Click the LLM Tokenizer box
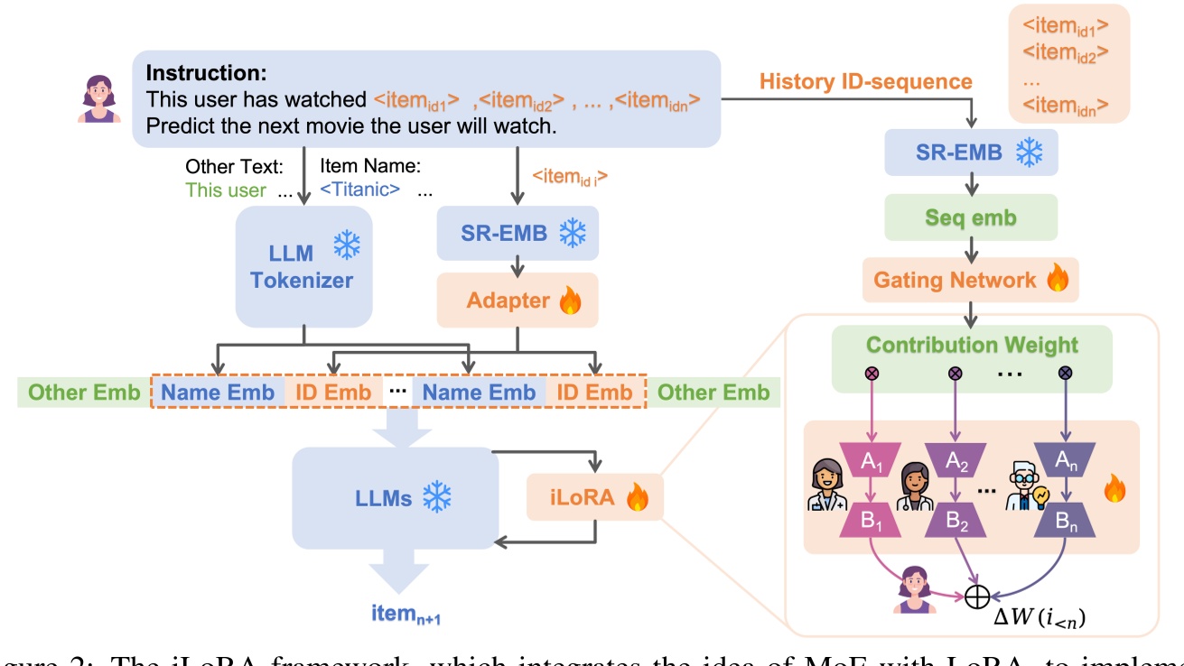(303, 265)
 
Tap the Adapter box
(517, 300)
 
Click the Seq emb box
(971, 217)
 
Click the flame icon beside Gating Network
(1057, 279)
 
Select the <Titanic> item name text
(360, 190)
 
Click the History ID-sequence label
(865, 81)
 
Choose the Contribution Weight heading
(971, 345)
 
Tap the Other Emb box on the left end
(83, 392)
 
